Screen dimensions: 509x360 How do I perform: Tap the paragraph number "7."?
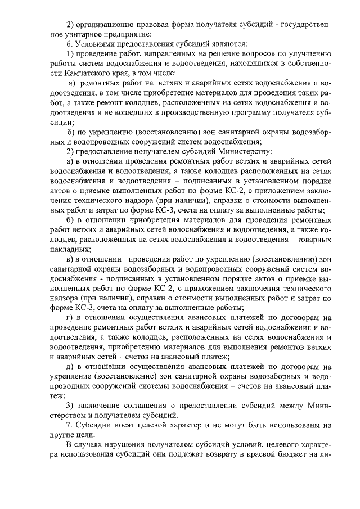70,426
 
